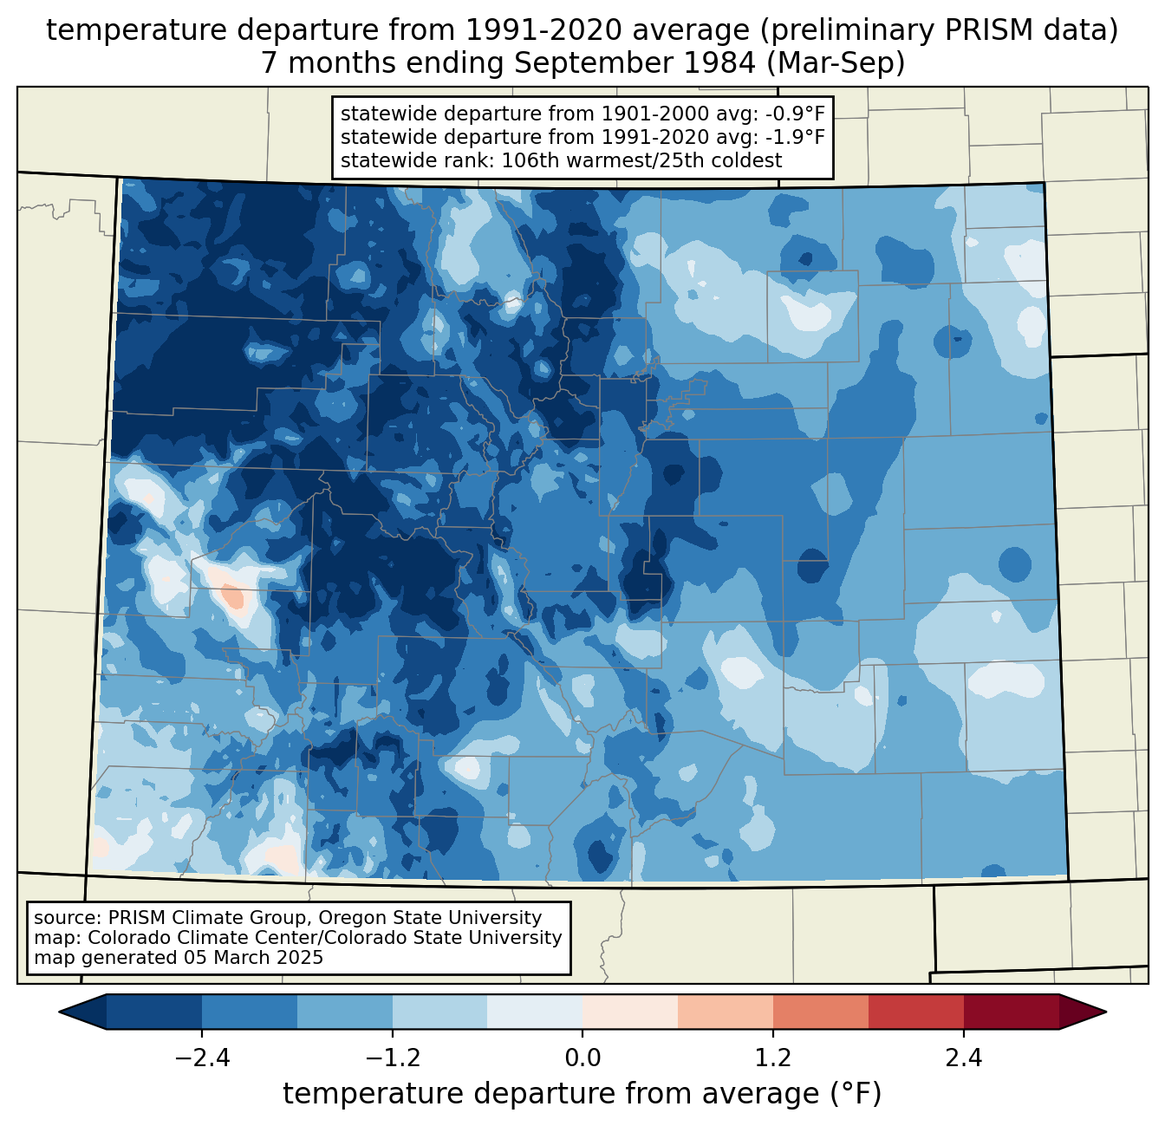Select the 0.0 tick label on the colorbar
point(582,1058)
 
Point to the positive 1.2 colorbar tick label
point(773,1058)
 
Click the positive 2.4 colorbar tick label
point(964,1058)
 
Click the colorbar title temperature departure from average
point(582,1094)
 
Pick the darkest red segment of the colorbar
point(1011,1012)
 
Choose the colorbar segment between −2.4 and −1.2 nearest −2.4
point(250,1012)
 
